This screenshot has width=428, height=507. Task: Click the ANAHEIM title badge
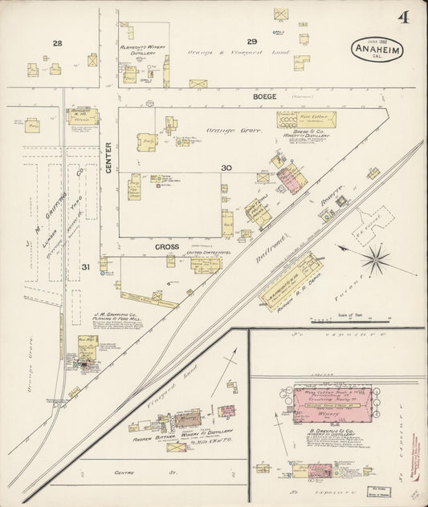point(377,51)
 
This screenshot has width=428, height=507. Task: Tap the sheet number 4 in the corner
point(402,17)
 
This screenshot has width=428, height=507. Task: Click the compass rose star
point(376,260)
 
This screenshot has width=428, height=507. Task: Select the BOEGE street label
point(265,96)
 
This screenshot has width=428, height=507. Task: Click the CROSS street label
point(167,247)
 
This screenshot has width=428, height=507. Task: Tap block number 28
point(57,43)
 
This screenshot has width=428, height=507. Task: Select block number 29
point(251,41)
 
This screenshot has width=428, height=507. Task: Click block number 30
point(226,168)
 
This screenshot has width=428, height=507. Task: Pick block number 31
point(85,266)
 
